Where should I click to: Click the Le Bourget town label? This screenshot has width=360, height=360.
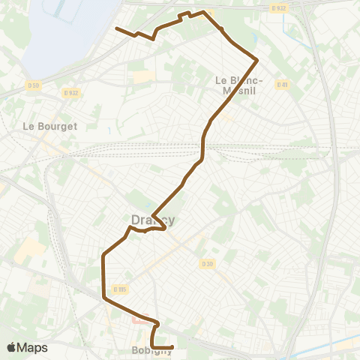point(50,126)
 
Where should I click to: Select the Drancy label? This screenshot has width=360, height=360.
point(152,220)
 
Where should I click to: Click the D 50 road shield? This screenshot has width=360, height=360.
point(33,84)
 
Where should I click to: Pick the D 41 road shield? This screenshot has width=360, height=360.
point(282,84)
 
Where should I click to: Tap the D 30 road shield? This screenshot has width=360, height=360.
point(208,263)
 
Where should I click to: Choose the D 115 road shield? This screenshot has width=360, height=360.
point(119,289)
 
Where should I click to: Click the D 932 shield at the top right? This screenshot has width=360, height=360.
point(279,8)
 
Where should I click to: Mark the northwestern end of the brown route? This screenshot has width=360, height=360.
point(116,28)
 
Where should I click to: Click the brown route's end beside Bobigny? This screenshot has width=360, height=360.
point(172,346)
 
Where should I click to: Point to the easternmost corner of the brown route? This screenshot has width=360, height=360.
point(257,59)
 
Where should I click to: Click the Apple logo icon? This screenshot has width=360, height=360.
point(11,347)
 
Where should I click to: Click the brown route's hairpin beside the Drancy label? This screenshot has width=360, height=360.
point(163,227)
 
